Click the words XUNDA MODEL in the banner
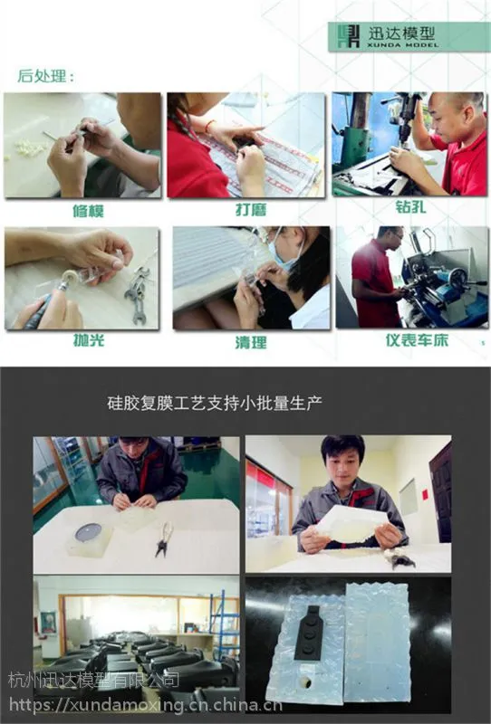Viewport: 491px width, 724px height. [x=403, y=45]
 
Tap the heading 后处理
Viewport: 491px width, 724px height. [x=46, y=76]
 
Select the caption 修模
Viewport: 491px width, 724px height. [x=88, y=211]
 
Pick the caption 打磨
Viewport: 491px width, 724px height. [x=251, y=210]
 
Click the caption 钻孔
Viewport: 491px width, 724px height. [x=410, y=206]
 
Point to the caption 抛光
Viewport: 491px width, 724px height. [x=89, y=340]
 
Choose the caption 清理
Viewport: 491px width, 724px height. [x=251, y=342]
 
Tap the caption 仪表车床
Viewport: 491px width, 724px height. [x=417, y=340]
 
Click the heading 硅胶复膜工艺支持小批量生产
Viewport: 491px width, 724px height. [x=215, y=403]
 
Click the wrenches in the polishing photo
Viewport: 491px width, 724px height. [x=138, y=293]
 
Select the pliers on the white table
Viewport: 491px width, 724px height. [x=164, y=538]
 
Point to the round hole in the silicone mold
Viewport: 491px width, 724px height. [x=305, y=681]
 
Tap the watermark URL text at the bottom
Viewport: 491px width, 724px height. [x=145, y=705]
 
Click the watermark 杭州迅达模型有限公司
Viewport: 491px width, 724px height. [x=94, y=680]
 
